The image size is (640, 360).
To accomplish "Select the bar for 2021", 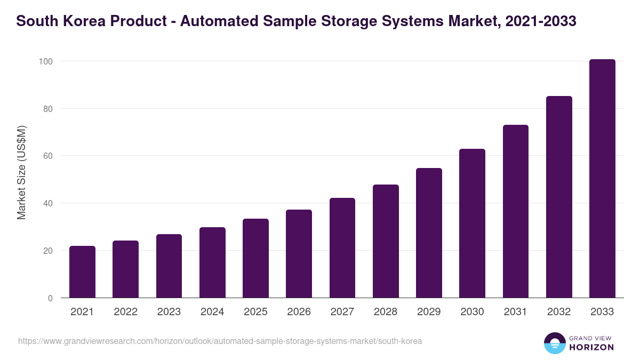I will tap(82, 272).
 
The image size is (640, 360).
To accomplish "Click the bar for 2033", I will tap(602, 179).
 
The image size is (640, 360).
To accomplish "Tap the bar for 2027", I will tap(342, 248).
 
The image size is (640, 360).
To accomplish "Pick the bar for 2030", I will tap(472, 223).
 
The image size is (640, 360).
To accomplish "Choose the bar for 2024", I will tap(212, 262).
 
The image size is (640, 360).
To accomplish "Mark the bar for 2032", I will tap(559, 197).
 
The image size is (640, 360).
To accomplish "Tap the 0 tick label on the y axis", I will tap(50, 298).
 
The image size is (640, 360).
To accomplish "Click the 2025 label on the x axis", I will tap(255, 312).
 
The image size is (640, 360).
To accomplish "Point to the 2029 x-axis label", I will tap(429, 312).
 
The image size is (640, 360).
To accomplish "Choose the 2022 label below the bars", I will tap(125, 312).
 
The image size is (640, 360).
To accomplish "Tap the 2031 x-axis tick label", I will tap(516, 312).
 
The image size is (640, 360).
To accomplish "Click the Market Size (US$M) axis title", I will tap(21, 172).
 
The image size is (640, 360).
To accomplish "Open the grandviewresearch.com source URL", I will tap(220, 341).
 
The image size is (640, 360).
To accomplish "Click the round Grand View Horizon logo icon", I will tap(555, 343).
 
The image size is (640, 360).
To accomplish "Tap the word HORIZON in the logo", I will tap(591, 347).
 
